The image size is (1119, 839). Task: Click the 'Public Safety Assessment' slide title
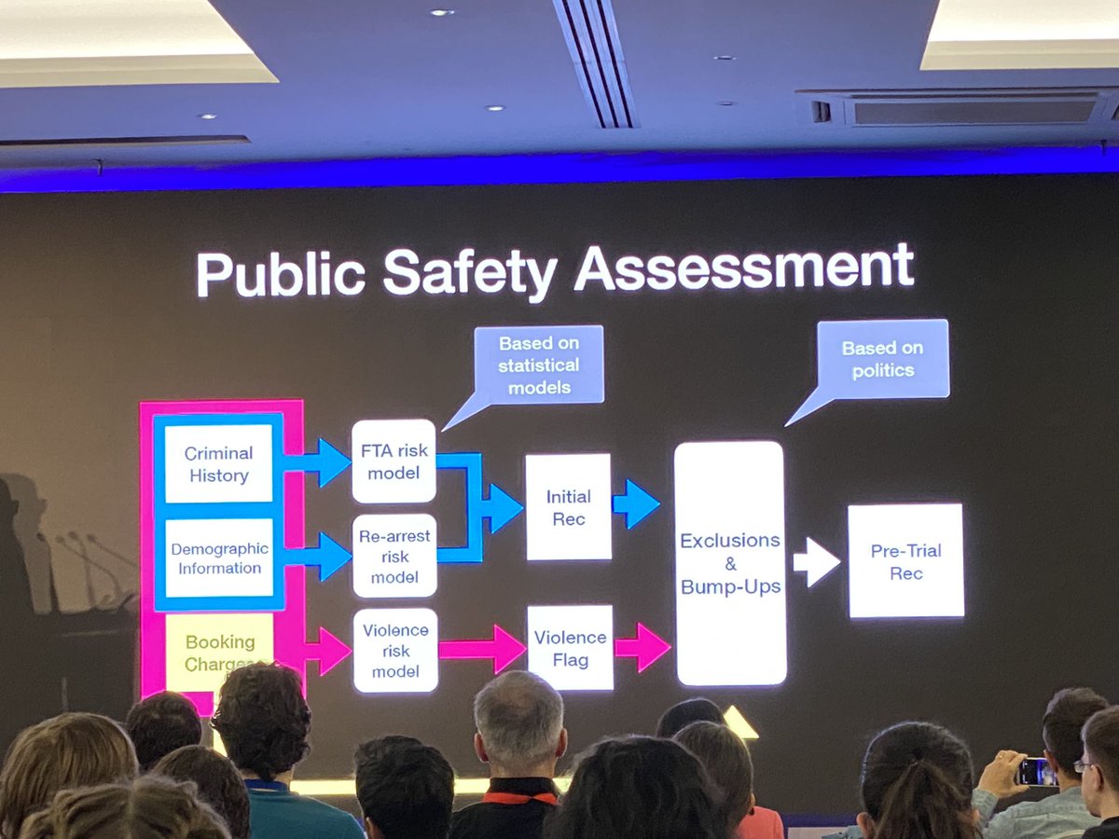tap(555, 270)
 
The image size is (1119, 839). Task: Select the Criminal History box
tap(218, 464)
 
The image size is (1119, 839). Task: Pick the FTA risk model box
tap(394, 461)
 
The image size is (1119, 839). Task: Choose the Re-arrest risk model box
tap(394, 555)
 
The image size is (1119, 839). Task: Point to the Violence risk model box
tap(395, 650)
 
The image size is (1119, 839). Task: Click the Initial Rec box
tap(568, 507)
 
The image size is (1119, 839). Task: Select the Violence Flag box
tap(570, 648)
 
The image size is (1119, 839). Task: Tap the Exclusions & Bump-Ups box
tap(730, 563)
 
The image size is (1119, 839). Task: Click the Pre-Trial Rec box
tap(905, 561)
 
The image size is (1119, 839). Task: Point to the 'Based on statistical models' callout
tap(538, 364)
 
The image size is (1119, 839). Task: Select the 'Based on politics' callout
tap(881, 359)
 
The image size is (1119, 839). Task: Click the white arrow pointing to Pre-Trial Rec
tap(816, 562)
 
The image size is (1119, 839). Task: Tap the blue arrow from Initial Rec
tap(636, 504)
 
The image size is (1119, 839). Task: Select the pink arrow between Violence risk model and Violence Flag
tap(482, 649)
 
